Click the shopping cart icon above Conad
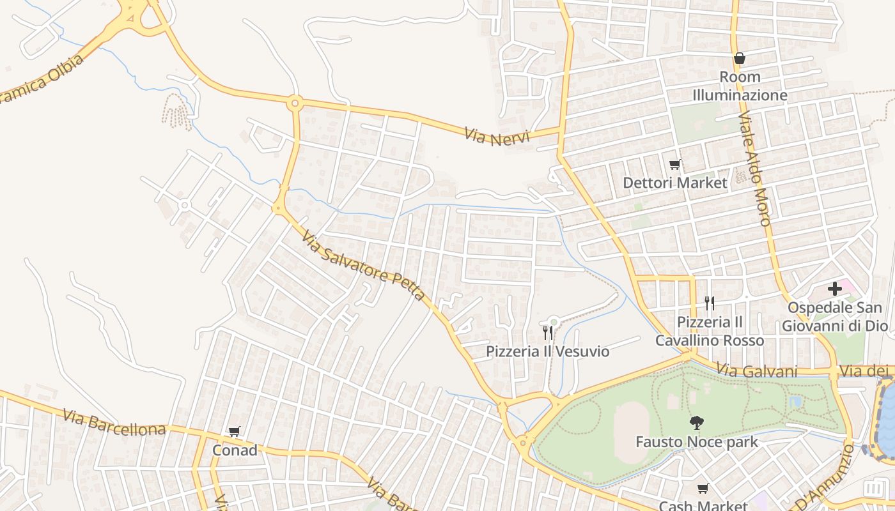click(x=234, y=432)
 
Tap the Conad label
click(x=235, y=450)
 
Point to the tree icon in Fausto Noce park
click(x=696, y=422)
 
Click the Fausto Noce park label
click(x=696, y=441)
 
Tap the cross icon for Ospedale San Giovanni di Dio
click(x=834, y=289)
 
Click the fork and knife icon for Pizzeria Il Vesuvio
click(x=547, y=332)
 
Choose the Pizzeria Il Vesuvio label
click(x=547, y=351)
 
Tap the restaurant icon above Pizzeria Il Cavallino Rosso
click(x=709, y=303)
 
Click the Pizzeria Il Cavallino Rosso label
click(x=709, y=331)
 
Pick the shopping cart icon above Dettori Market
click(x=674, y=165)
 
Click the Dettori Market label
click(x=674, y=183)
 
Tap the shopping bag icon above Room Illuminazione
click(x=740, y=58)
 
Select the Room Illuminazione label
click(x=740, y=86)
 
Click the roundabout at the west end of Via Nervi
click(x=295, y=102)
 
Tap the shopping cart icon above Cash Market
click(x=703, y=489)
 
